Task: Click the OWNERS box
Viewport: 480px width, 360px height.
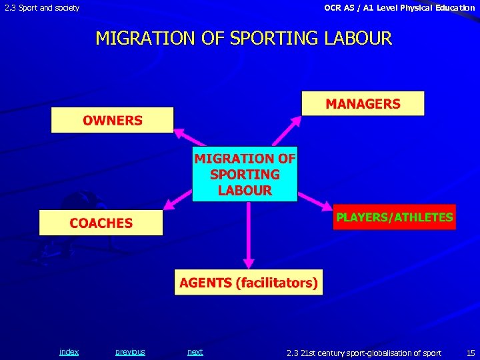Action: pos(112,121)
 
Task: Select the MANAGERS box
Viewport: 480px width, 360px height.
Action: pos(363,104)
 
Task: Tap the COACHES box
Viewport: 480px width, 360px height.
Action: pos(101,223)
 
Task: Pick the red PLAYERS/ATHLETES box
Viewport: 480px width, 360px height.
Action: pos(395,217)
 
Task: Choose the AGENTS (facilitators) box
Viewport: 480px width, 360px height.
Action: pos(248,283)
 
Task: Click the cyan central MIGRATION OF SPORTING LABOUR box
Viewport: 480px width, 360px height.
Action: pos(245,174)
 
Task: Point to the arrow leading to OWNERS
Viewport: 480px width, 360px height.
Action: pos(183,137)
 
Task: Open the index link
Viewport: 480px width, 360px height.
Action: pos(69,352)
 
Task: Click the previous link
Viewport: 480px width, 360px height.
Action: pos(130,352)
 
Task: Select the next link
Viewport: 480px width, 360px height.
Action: pos(195,352)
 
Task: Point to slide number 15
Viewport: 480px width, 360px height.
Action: pos(471,353)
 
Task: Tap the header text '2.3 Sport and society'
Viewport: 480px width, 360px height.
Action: pos(42,8)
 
